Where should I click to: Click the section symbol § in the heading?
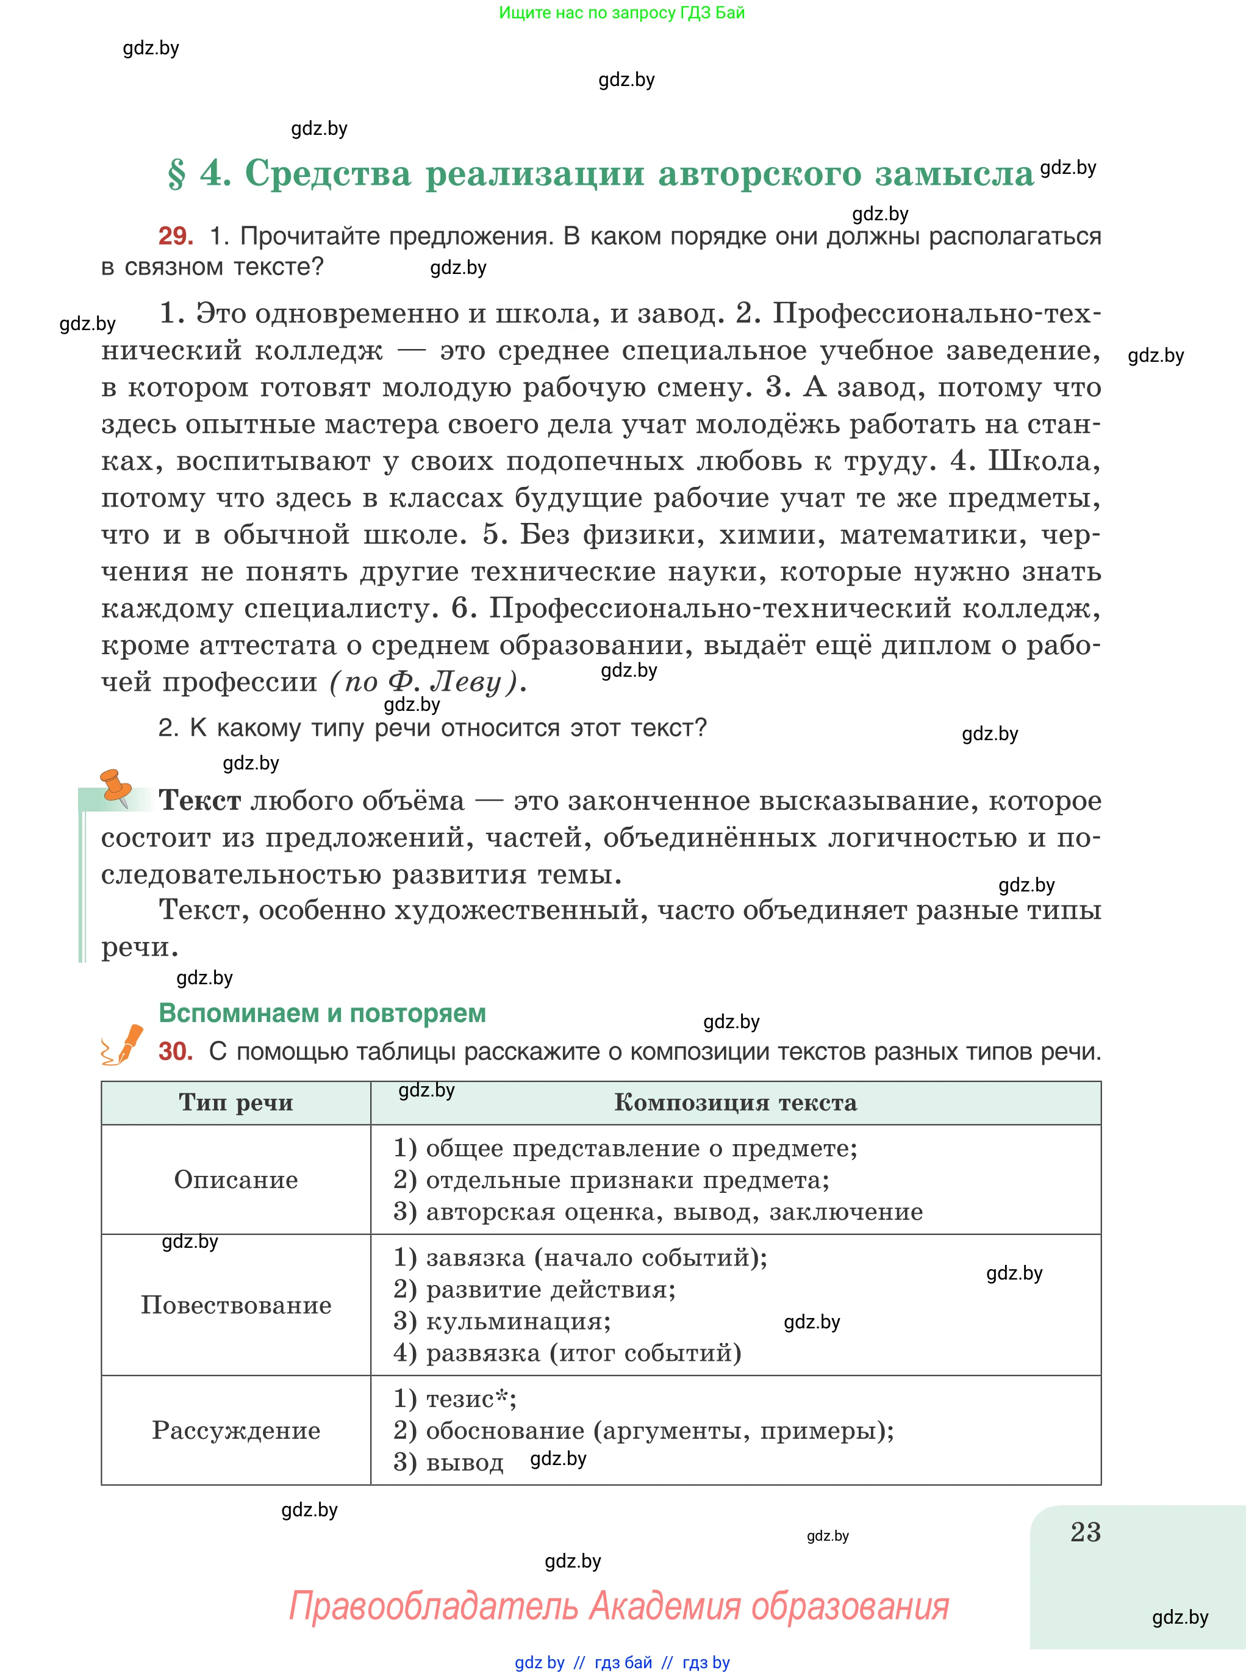(x=176, y=175)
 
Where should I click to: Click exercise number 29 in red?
(x=175, y=236)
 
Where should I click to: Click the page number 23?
(x=1086, y=1532)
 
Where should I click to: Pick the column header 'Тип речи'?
(x=235, y=1103)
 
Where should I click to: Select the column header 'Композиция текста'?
(x=736, y=1103)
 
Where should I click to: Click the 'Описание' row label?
(x=235, y=1180)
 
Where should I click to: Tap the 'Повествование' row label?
(x=235, y=1305)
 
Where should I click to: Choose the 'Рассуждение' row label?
(x=235, y=1430)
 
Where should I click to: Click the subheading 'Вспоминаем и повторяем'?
(x=322, y=1014)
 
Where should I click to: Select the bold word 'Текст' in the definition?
(x=200, y=801)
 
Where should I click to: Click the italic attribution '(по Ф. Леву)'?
(x=426, y=682)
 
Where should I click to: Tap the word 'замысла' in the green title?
(x=954, y=175)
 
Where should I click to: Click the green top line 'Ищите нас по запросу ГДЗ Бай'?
(x=621, y=13)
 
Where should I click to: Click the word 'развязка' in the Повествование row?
(x=482, y=1353)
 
